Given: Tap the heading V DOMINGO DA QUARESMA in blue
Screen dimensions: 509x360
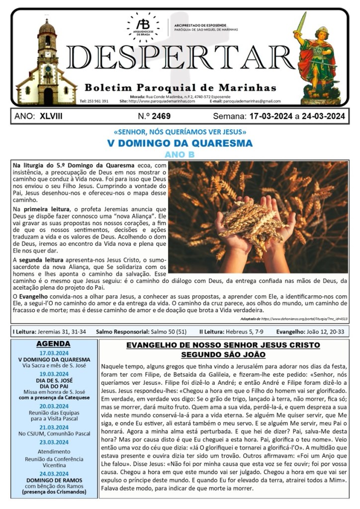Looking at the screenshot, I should pos(180,143).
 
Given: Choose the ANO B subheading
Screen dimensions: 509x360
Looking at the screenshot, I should pos(180,154).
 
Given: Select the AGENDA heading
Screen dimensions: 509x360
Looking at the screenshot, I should pos(54,343).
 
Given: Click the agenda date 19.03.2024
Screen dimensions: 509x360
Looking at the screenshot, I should pos(54,374).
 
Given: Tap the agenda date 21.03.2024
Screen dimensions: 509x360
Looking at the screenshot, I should pos(54,426).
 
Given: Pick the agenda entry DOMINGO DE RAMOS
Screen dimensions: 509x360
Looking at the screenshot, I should pos(54,480).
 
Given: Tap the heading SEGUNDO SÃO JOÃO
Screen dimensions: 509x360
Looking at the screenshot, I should pos(223,355).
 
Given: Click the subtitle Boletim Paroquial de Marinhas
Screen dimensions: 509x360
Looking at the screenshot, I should pos(180,87).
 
